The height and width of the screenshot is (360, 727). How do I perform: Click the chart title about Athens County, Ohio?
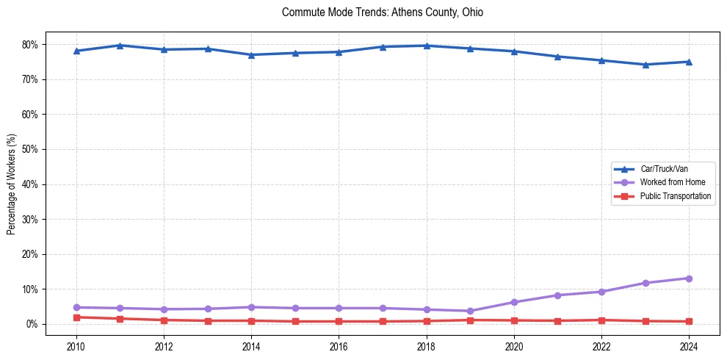[x=382, y=12]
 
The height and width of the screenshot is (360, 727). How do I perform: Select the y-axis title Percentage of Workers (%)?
[x=11, y=184]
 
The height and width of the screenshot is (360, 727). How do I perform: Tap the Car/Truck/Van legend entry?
[x=664, y=168]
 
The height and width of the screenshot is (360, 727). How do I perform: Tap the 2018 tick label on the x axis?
[x=427, y=345]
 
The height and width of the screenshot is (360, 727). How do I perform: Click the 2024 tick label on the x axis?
[x=689, y=345]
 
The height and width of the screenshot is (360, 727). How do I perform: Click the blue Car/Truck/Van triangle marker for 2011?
[x=120, y=46]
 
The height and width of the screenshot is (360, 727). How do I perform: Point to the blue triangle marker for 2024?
[x=689, y=62]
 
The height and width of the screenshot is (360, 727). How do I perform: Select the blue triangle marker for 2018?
[x=427, y=46]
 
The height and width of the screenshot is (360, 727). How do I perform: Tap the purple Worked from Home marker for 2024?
[x=689, y=278]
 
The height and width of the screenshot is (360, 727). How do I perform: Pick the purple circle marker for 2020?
[x=514, y=302]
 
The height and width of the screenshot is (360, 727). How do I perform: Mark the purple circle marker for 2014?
[x=251, y=307]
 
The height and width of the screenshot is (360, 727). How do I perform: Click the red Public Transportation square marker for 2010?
[x=76, y=317]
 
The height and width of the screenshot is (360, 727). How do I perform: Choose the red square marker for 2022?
[x=601, y=320]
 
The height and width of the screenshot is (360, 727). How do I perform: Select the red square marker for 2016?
[x=339, y=321]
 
